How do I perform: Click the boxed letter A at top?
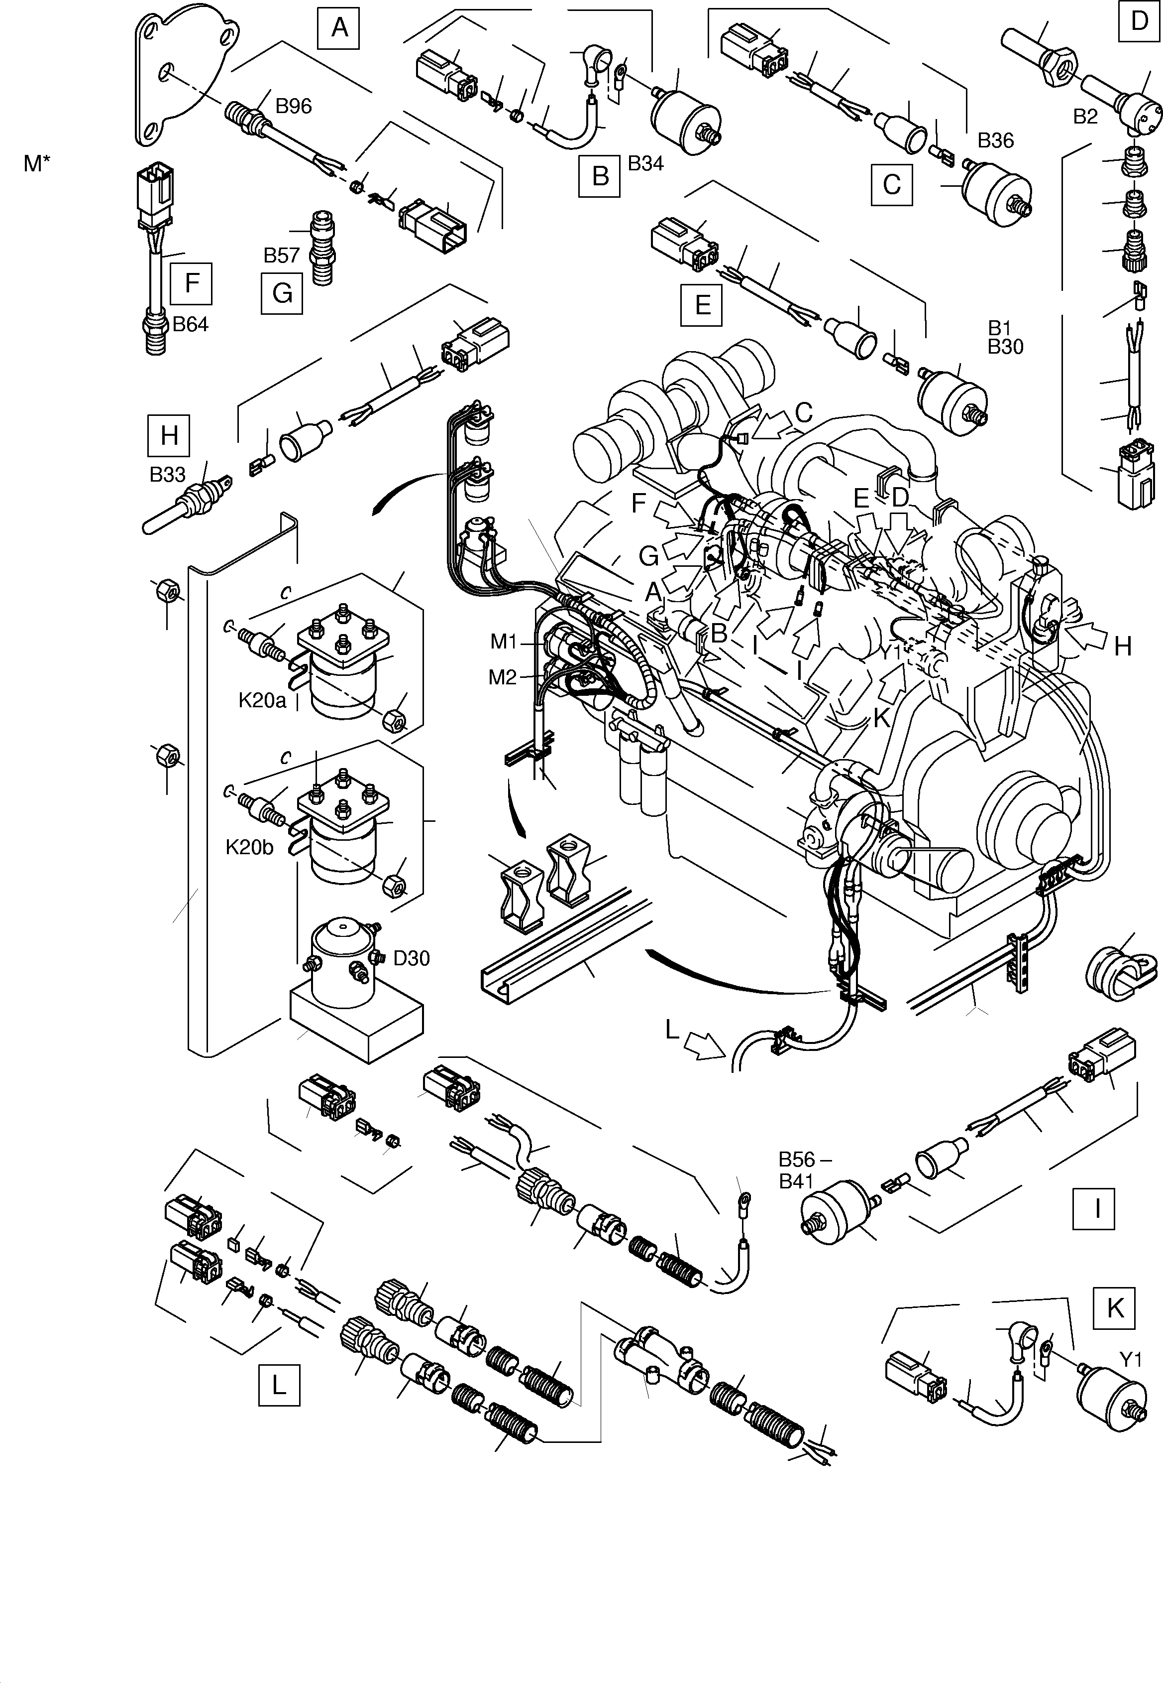click(339, 28)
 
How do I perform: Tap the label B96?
click(293, 107)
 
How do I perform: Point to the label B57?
click(281, 255)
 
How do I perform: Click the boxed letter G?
click(282, 293)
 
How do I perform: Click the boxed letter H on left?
click(169, 435)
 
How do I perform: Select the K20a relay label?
click(262, 701)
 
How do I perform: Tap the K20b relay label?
click(249, 847)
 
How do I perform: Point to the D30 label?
click(411, 958)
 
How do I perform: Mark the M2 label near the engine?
click(503, 677)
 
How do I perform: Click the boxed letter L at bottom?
click(278, 1385)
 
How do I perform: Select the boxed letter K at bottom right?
click(1115, 1308)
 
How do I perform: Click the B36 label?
click(995, 140)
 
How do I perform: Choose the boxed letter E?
click(702, 304)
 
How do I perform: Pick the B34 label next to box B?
click(645, 163)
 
